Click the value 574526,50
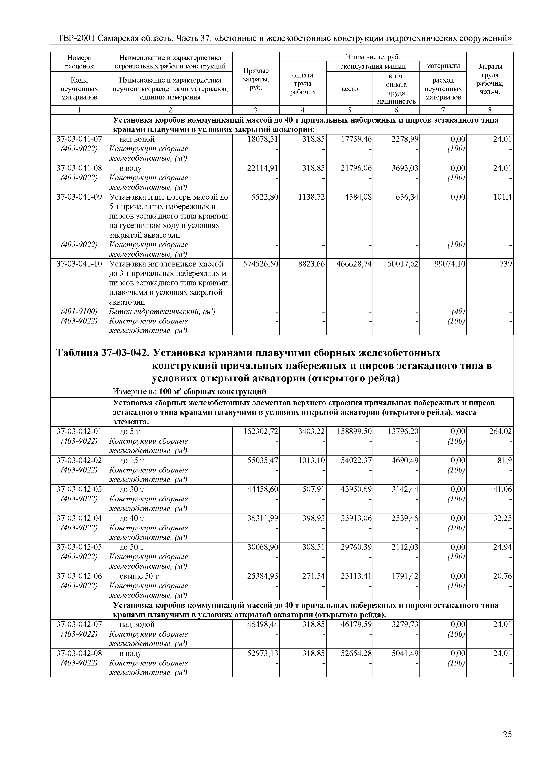point(261,264)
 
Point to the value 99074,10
point(450,264)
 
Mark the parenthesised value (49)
point(458,312)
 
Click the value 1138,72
point(311,197)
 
